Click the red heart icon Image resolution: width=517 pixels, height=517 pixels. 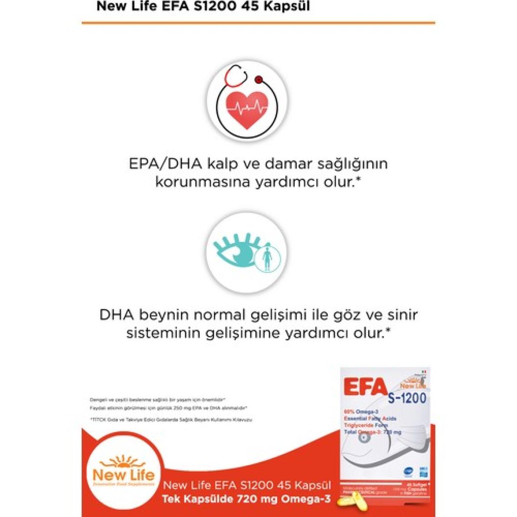click(247, 109)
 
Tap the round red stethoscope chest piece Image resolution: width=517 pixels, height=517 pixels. click(258, 80)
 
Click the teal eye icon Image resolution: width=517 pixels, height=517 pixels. click(237, 252)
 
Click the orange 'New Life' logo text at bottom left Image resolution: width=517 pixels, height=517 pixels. click(123, 475)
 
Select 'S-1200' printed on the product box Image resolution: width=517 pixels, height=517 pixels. click(407, 398)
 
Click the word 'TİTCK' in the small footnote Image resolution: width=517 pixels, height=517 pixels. click(97, 420)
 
